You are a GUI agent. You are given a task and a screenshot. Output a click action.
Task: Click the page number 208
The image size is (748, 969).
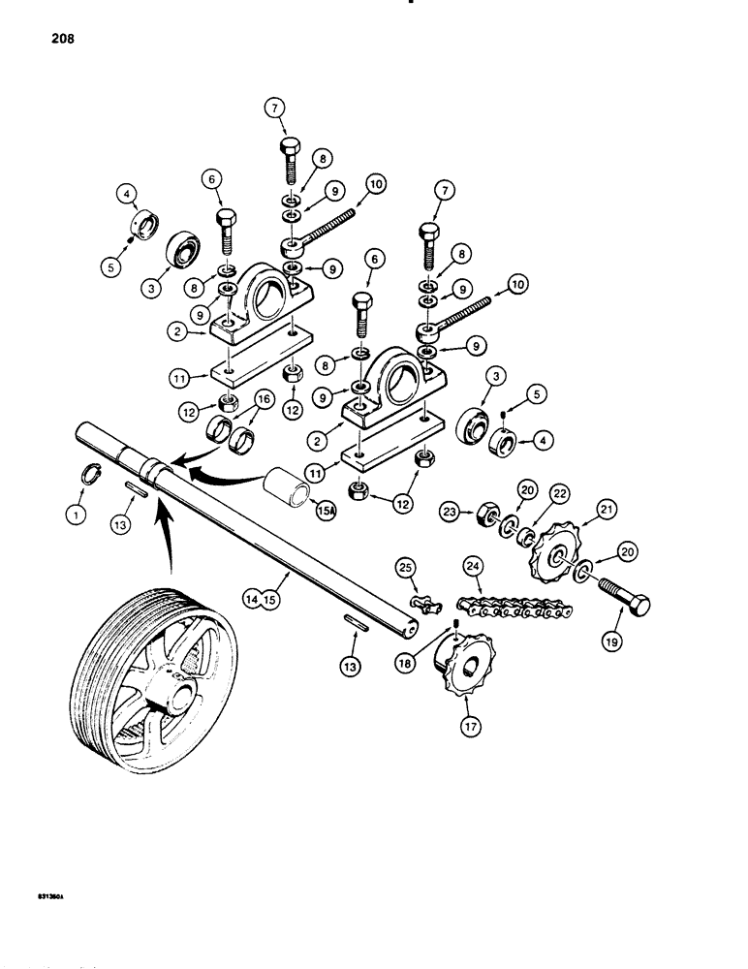pos(47,40)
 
